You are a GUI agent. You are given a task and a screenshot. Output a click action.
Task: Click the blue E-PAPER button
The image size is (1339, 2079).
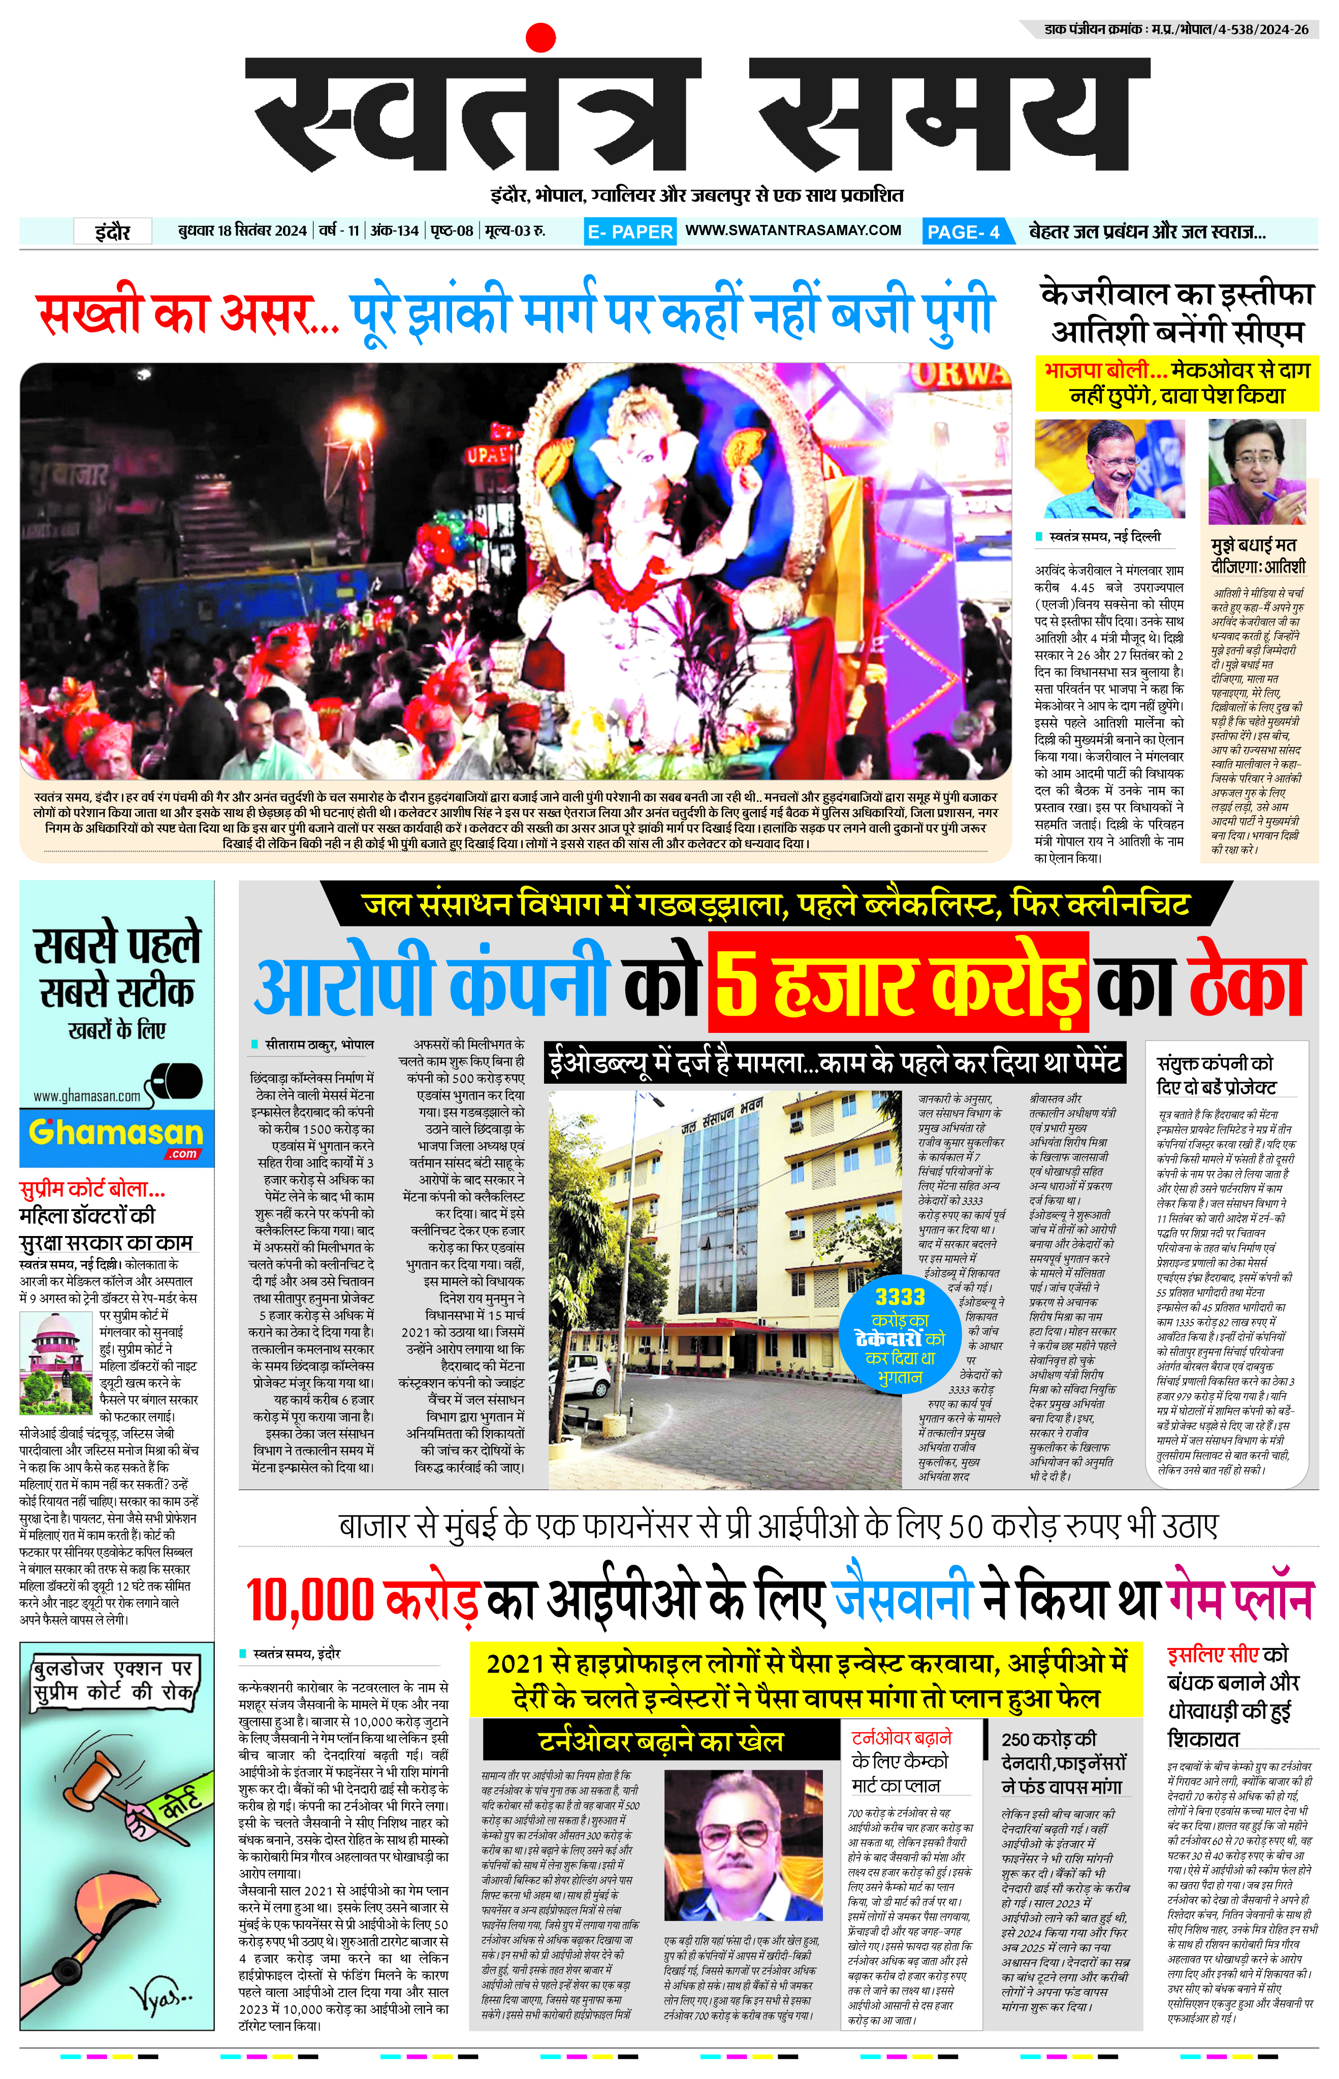tap(629, 231)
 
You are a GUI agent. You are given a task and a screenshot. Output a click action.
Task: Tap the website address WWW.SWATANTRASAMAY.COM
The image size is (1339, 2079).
tap(793, 231)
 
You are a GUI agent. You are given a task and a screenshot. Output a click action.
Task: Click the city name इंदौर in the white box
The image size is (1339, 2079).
tap(113, 231)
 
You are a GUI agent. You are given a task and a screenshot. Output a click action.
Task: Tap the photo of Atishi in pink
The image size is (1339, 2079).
tap(1256, 471)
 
